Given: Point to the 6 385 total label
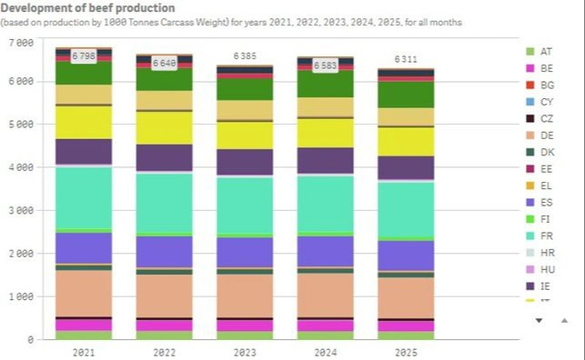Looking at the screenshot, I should pyautogui.click(x=245, y=56).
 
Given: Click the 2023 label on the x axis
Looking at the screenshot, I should pyautogui.click(x=245, y=351).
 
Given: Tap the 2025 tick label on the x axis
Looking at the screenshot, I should pyautogui.click(x=406, y=351).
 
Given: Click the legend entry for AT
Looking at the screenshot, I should pyautogui.click(x=546, y=51).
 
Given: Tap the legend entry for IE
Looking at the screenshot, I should pyautogui.click(x=546, y=285).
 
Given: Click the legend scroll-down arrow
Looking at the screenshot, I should pyautogui.click(x=539, y=321).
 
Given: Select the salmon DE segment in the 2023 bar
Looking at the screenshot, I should pyautogui.click(x=245, y=295).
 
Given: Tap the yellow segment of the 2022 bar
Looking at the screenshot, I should pyautogui.click(x=164, y=127).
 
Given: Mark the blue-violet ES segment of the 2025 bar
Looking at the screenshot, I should pyautogui.click(x=406, y=255).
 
